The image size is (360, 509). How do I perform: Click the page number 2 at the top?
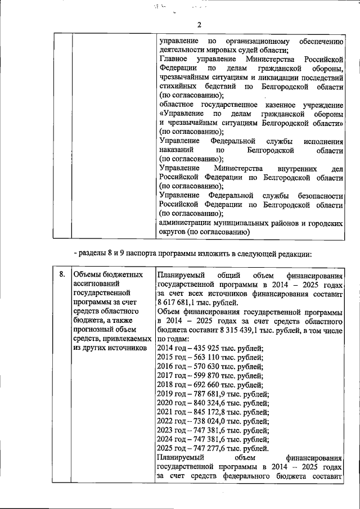(199, 24)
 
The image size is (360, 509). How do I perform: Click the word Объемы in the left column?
(87, 274)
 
